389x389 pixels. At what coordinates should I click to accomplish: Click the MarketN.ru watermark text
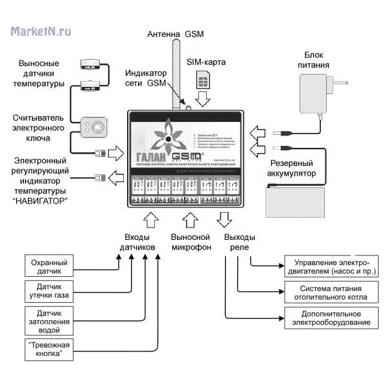pyautogui.click(x=40, y=30)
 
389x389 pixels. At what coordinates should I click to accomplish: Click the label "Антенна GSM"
pyautogui.click(x=175, y=34)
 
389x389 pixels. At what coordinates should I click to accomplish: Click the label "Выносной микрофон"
pyautogui.click(x=191, y=242)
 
